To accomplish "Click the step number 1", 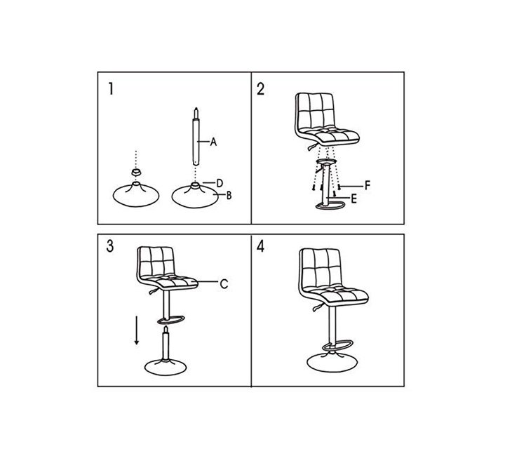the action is pos(111,88).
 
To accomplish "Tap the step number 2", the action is pos(260,89).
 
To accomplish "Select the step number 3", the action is pos(110,246).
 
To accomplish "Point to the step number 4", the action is pos(260,246).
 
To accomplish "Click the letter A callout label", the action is pos(213,142).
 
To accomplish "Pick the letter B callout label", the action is pos(229,195).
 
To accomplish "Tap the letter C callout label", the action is pos(224,284).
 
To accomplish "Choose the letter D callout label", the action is pos(220,183).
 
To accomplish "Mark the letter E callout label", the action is pos(353,199).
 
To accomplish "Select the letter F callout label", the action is pos(368,186).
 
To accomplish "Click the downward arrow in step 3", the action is pos(137,330).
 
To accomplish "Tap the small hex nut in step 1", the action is pos(136,171).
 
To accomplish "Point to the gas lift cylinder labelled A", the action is pos(196,137).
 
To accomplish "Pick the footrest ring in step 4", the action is pos(338,345).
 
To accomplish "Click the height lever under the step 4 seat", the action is pos(318,307).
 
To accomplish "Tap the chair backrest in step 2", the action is pos(315,111).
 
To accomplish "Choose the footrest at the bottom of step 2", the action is pos(330,206).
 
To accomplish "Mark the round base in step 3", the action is pos(166,367).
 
